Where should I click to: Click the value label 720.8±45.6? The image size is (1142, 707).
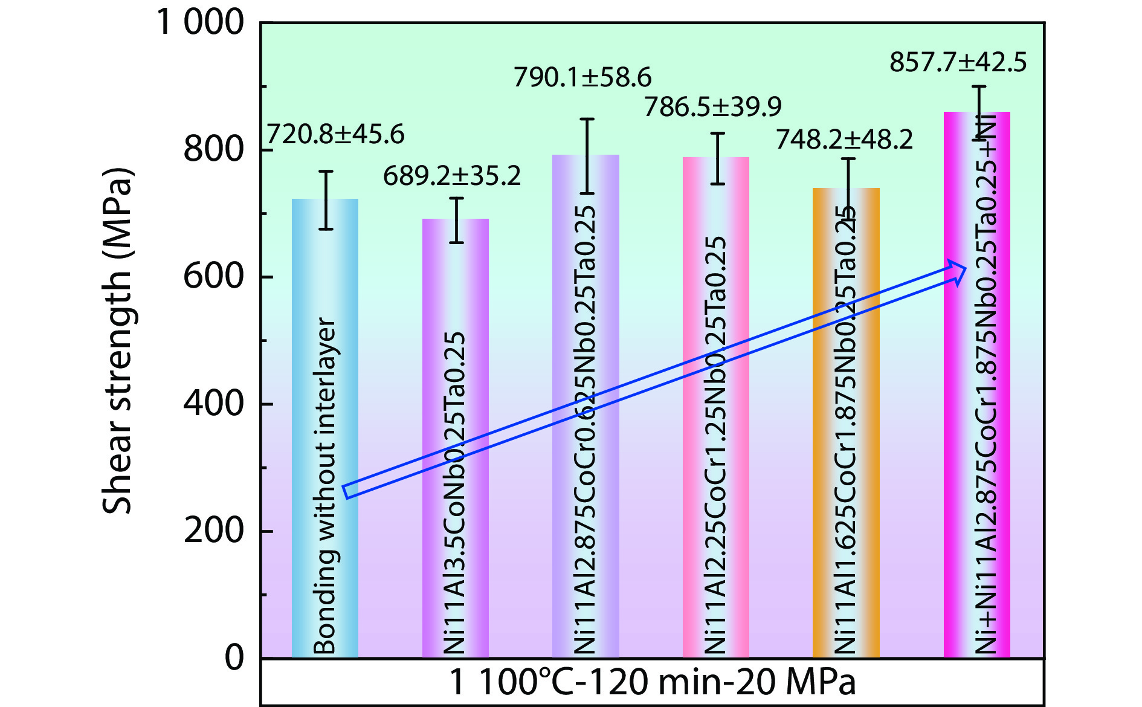pos(335,134)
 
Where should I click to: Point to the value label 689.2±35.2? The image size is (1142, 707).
pos(452,176)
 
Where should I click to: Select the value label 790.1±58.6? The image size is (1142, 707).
pos(582,77)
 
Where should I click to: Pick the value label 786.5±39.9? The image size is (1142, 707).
pos(713,107)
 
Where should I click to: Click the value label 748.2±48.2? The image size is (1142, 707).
pos(844,140)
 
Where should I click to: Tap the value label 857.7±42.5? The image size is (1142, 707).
pos(958,63)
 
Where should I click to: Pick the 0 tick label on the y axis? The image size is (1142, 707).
pos(234,657)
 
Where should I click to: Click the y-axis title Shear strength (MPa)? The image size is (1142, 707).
pos(117,341)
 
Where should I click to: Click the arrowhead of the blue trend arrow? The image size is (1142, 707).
pos(958,271)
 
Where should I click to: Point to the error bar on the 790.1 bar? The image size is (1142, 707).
pos(587,156)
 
